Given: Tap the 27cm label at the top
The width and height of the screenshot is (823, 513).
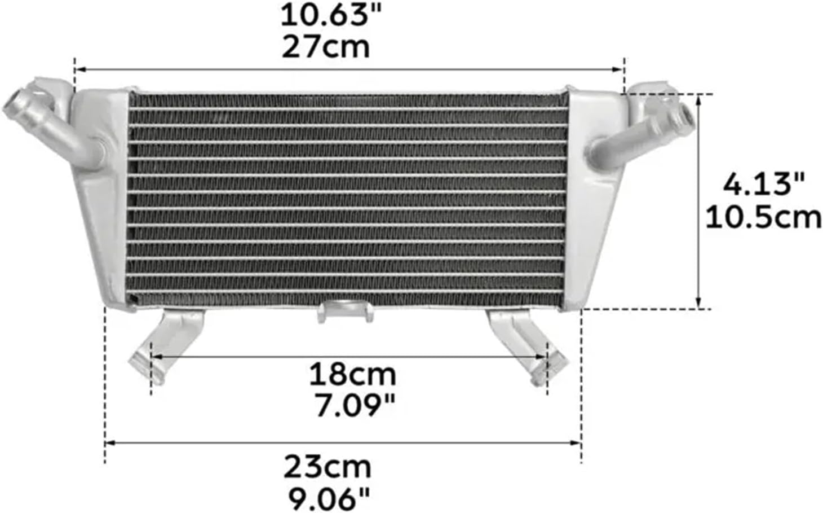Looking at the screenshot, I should click(x=325, y=47).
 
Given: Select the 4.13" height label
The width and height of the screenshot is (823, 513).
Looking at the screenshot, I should click(x=763, y=184).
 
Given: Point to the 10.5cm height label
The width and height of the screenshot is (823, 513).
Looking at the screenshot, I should click(x=763, y=217).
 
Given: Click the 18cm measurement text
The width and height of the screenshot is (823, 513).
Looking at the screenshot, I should click(x=352, y=374).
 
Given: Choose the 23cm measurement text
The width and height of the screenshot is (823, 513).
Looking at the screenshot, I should click(x=328, y=467).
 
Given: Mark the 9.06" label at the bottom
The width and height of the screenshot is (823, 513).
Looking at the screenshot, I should click(x=329, y=498).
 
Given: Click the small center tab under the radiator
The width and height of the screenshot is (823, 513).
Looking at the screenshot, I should click(x=345, y=311).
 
